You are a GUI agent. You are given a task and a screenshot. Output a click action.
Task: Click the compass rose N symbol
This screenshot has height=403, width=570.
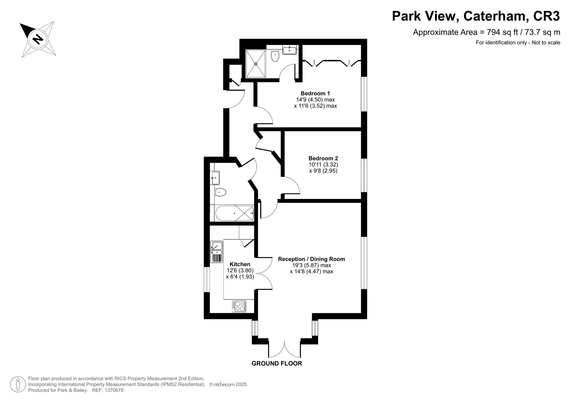pyautogui.click(x=38, y=39)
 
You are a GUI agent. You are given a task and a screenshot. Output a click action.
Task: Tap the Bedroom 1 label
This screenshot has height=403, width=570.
pyautogui.click(x=315, y=93)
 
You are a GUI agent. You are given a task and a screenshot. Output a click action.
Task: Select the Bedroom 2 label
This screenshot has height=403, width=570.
pyautogui.click(x=323, y=158)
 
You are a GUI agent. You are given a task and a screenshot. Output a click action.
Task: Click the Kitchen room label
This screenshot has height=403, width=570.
pyautogui.click(x=240, y=264)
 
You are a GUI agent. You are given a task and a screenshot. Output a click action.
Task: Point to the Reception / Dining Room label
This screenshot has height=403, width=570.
pyautogui.click(x=312, y=259)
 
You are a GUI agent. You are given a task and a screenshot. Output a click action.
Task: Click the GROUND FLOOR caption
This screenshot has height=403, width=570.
pyautogui.click(x=277, y=363)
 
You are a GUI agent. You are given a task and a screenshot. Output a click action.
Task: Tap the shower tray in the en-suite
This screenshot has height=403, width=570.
pyautogui.click(x=256, y=64)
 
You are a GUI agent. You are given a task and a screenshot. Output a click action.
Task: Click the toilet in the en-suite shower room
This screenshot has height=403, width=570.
pyautogui.click(x=275, y=56)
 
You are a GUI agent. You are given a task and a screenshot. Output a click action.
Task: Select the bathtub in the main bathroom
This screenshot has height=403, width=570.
pyautogui.click(x=234, y=213)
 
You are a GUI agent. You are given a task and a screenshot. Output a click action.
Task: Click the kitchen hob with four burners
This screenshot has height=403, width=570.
pyautogui.click(x=239, y=306)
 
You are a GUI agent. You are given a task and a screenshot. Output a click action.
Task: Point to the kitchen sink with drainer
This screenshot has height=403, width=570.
pyautogui.click(x=217, y=252)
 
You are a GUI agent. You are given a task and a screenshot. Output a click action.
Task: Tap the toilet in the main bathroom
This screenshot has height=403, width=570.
pyautogui.click(x=220, y=192)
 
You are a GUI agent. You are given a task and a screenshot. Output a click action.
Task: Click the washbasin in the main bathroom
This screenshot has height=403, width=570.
pyautogui.click(x=215, y=178)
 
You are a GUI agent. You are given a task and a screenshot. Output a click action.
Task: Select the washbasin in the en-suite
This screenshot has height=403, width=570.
pyautogui.click(x=290, y=50)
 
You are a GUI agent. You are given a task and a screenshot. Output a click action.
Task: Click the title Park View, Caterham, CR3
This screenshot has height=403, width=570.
pyautogui.click(x=476, y=16)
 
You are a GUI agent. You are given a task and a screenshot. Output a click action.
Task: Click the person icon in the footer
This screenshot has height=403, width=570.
pyautogui.click(x=18, y=384)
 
